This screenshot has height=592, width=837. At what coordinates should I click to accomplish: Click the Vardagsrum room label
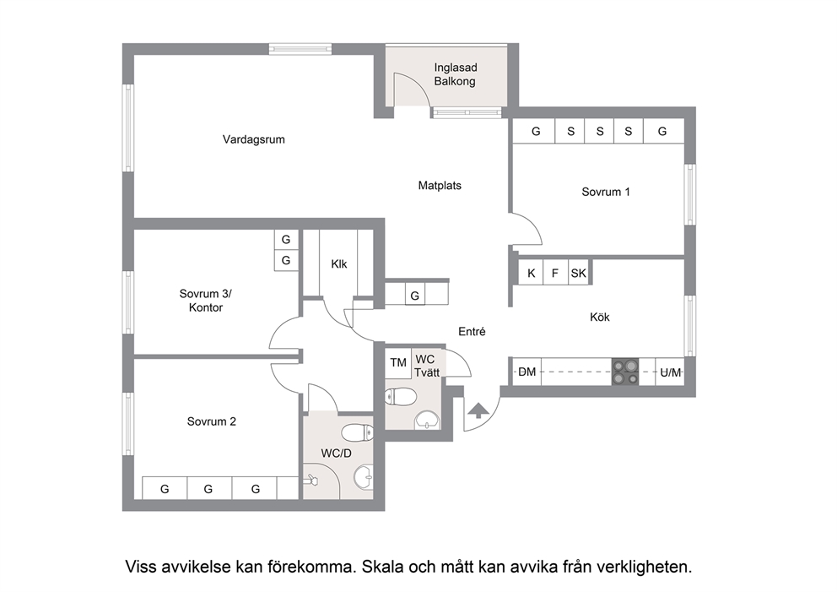point(254,139)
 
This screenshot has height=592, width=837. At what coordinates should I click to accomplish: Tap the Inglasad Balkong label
point(455,74)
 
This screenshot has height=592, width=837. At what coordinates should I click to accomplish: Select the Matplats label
point(440,186)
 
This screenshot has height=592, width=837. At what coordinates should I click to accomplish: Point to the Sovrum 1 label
point(605,192)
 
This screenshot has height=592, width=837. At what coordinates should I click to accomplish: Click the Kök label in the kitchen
point(599,317)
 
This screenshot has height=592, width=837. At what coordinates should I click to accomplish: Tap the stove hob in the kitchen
point(625,372)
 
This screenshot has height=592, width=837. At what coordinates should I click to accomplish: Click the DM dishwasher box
point(526,372)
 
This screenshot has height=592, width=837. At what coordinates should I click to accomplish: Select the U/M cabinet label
point(671,372)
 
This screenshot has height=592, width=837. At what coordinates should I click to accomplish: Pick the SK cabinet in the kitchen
point(578,273)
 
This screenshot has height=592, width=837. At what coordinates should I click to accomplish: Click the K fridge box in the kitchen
point(531,273)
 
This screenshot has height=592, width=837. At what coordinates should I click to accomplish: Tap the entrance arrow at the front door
point(478,410)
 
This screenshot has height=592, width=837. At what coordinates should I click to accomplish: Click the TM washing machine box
point(397,363)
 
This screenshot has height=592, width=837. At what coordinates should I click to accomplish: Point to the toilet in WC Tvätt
point(401,396)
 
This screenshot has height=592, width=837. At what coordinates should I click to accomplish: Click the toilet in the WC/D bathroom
point(357,432)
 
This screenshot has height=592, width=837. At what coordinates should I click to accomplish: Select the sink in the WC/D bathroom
point(364,476)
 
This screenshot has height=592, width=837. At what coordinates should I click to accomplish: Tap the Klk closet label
point(338,264)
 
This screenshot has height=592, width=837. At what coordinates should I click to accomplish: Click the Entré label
point(472,332)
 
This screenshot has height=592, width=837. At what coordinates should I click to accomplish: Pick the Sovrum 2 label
point(212,421)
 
